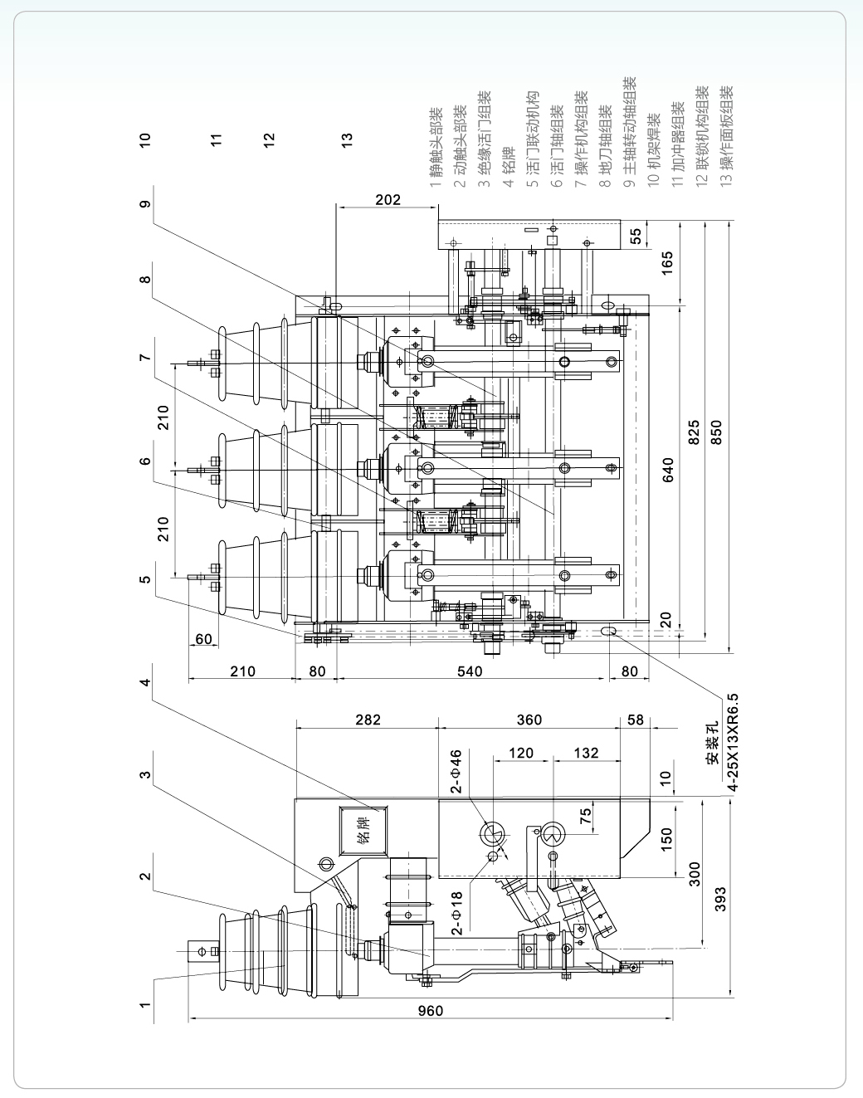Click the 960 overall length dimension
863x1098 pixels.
click(x=431, y=1010)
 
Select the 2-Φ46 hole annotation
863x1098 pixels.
click(x=456, y=772)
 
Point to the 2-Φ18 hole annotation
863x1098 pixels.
click(x=456, y=913)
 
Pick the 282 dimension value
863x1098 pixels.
click(x=368, y=720)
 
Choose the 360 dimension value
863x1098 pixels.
click(x=529, y=720)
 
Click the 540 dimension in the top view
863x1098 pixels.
click(x=470, y=671)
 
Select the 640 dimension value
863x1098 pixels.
click(x=668, y=469)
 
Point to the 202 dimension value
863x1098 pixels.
click(x=388, y=199)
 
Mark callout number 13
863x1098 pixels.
click(x=347, y=139)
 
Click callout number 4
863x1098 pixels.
click(x=145, y=682)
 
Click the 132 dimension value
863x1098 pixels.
click(x=586, y=753)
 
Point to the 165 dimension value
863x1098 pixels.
click(x=668, y=261)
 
